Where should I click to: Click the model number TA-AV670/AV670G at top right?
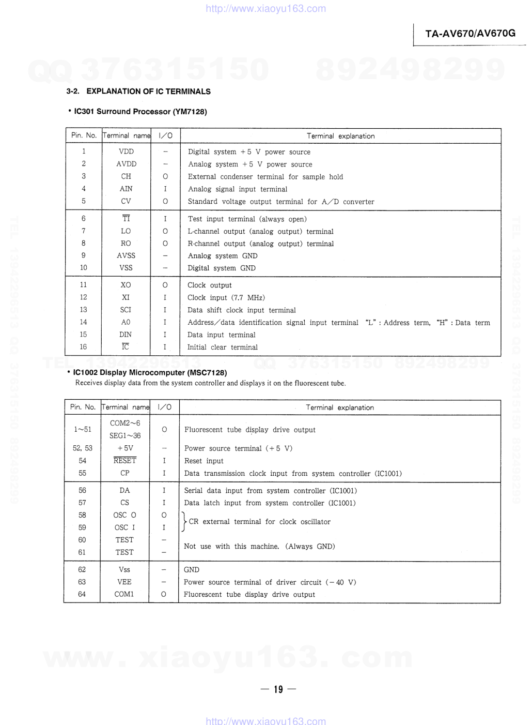coord(470,34)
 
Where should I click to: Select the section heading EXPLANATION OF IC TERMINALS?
coord(148,92)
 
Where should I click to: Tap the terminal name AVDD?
coord(126,164)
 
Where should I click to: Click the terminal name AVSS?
coord(126,255)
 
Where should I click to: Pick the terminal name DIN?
coord(126,335)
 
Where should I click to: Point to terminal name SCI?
coord(126,310)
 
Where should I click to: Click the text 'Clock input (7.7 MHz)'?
coord(226,298)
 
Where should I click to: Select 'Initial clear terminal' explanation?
coord(223,348)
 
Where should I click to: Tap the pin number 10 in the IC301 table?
coord(84,268)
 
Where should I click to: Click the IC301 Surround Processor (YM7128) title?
coord(140,112)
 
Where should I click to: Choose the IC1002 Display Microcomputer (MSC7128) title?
coord(150,373)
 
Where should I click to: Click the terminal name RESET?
coord(125,461)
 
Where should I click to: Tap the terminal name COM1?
coord(124,594)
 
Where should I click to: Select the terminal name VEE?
coord(124,582)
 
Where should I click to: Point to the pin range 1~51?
coord(83,429)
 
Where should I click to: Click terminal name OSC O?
coord(124,515)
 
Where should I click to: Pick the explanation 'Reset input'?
coord(204,461)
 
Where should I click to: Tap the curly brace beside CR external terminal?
coord(183,521)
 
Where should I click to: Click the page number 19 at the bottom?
coord(278,689)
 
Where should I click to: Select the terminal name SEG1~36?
coord(125,436)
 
